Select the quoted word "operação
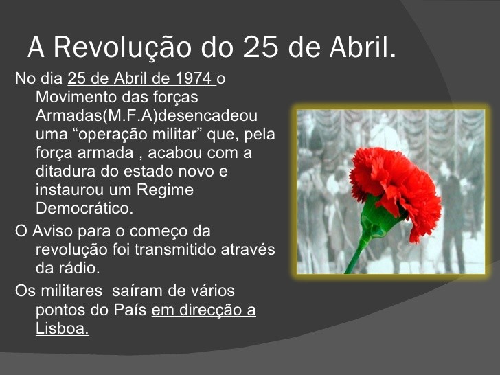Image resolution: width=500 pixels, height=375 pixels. coord(116,134)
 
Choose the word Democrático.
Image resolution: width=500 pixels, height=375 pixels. coord(84,208)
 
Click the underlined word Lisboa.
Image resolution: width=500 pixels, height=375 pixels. coord(62,328)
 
